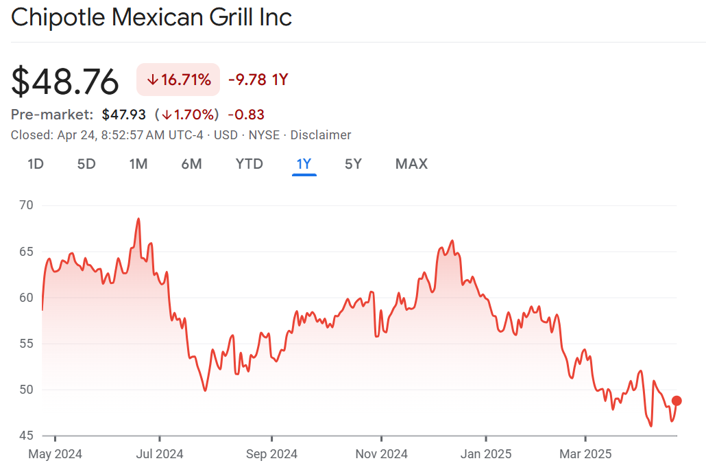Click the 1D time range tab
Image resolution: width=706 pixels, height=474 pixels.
coord(36,164)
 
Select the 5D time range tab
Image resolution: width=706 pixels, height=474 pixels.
coord(86,164)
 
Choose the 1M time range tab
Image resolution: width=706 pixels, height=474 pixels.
coord(138,164)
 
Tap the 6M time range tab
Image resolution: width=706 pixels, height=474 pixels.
coord(191,164)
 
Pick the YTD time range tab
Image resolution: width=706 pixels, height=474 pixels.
coord(249,164)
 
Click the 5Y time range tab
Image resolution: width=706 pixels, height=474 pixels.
coord(353,164)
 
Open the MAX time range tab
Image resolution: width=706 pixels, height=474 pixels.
coord(411,164)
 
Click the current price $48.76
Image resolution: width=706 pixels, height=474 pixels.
coord(65,82)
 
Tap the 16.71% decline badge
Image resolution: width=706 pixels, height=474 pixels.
coord(178,80)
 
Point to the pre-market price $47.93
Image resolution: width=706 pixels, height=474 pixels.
coord(124,115)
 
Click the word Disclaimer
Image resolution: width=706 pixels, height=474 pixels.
coord(321,135)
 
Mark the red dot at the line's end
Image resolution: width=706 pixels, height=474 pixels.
coord(677,401)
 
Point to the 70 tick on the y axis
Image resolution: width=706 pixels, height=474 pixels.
coord(27,205)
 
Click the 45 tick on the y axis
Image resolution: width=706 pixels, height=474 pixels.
coord(27,436)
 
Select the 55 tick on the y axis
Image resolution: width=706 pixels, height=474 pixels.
coord(27,344)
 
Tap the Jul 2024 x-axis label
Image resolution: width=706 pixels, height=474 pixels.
coord(159,454)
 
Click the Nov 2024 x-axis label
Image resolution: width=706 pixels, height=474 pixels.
coord(381,454)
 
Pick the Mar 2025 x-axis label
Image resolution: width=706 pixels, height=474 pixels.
coord(585,454)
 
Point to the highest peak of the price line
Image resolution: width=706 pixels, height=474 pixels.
coord(138,219)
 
